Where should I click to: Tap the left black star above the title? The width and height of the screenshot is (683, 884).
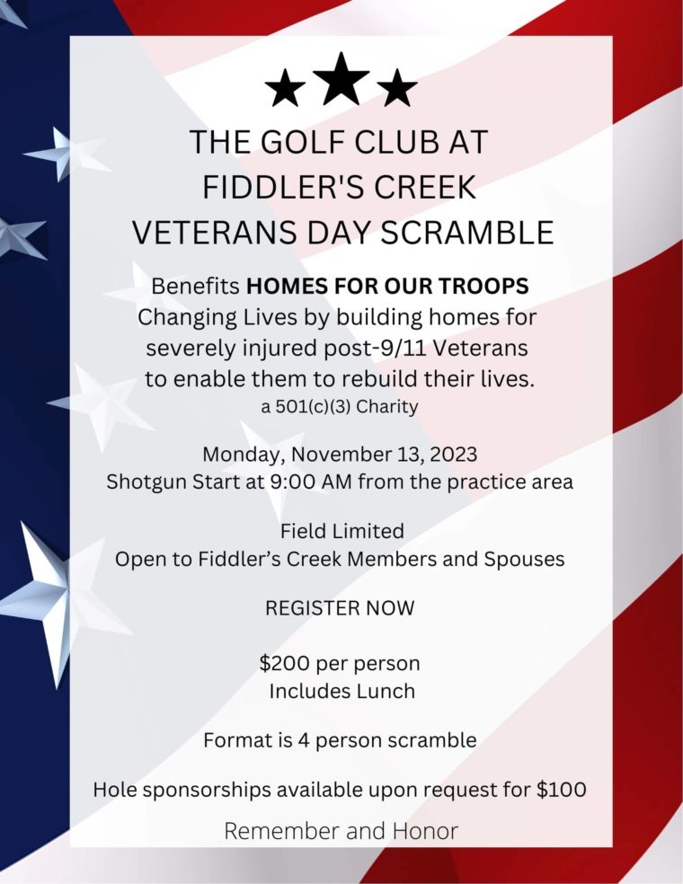(286, 89)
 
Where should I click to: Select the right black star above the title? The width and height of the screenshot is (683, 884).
(396, 89)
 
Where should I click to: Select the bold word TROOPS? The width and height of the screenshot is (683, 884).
(487, 287)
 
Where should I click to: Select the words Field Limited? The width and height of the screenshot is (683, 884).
(341, 530)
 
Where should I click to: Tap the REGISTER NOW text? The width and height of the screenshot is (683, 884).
(340, 608)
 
